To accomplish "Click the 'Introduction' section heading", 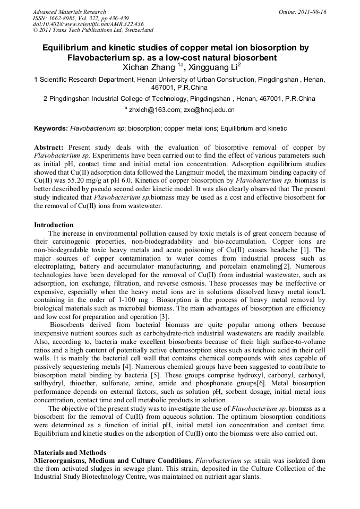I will [x=54, y=225].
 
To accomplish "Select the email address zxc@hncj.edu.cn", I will [x=209, y=110].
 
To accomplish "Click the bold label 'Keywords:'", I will [x=51, y=128].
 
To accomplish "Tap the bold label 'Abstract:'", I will [x=49, y=147].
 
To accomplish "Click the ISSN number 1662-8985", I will [x=59, y=18].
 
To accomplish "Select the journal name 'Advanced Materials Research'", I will [x=70, y=12].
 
